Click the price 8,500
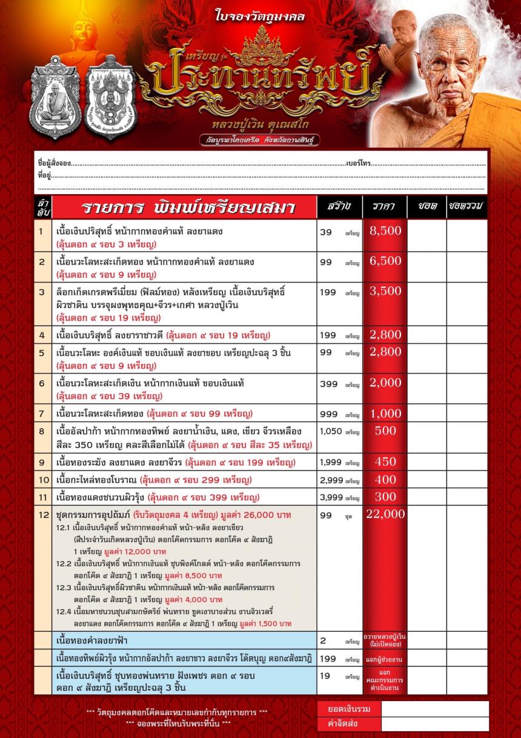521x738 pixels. (x=385, y=230)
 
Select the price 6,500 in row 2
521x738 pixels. (x=385, y=261)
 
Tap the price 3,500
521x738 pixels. (x=385, y=291)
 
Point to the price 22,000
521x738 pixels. (x=385, y=514)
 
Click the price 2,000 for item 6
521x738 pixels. (x=385, y=383)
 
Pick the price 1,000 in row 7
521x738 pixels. (x=385, y=414)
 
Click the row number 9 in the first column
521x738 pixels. (x=42, y=461)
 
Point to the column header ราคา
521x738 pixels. (x=385, y=207)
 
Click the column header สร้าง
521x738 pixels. (x=339, y=207)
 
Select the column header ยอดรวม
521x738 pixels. (x=466, y=207)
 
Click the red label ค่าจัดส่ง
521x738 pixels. (x=349, y=724)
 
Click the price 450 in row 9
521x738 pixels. (x=385, y=461)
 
